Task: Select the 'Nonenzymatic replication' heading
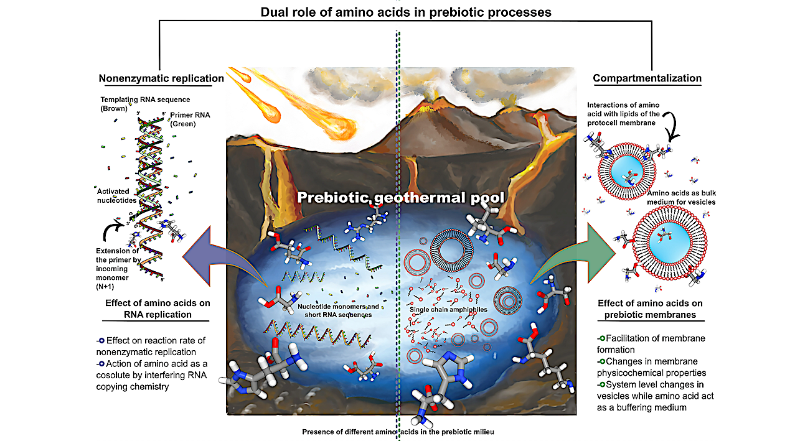(161, 78)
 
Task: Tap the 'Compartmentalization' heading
(647, 78)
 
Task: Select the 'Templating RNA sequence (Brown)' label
(144, 104)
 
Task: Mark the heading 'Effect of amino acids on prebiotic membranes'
(650, 309)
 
